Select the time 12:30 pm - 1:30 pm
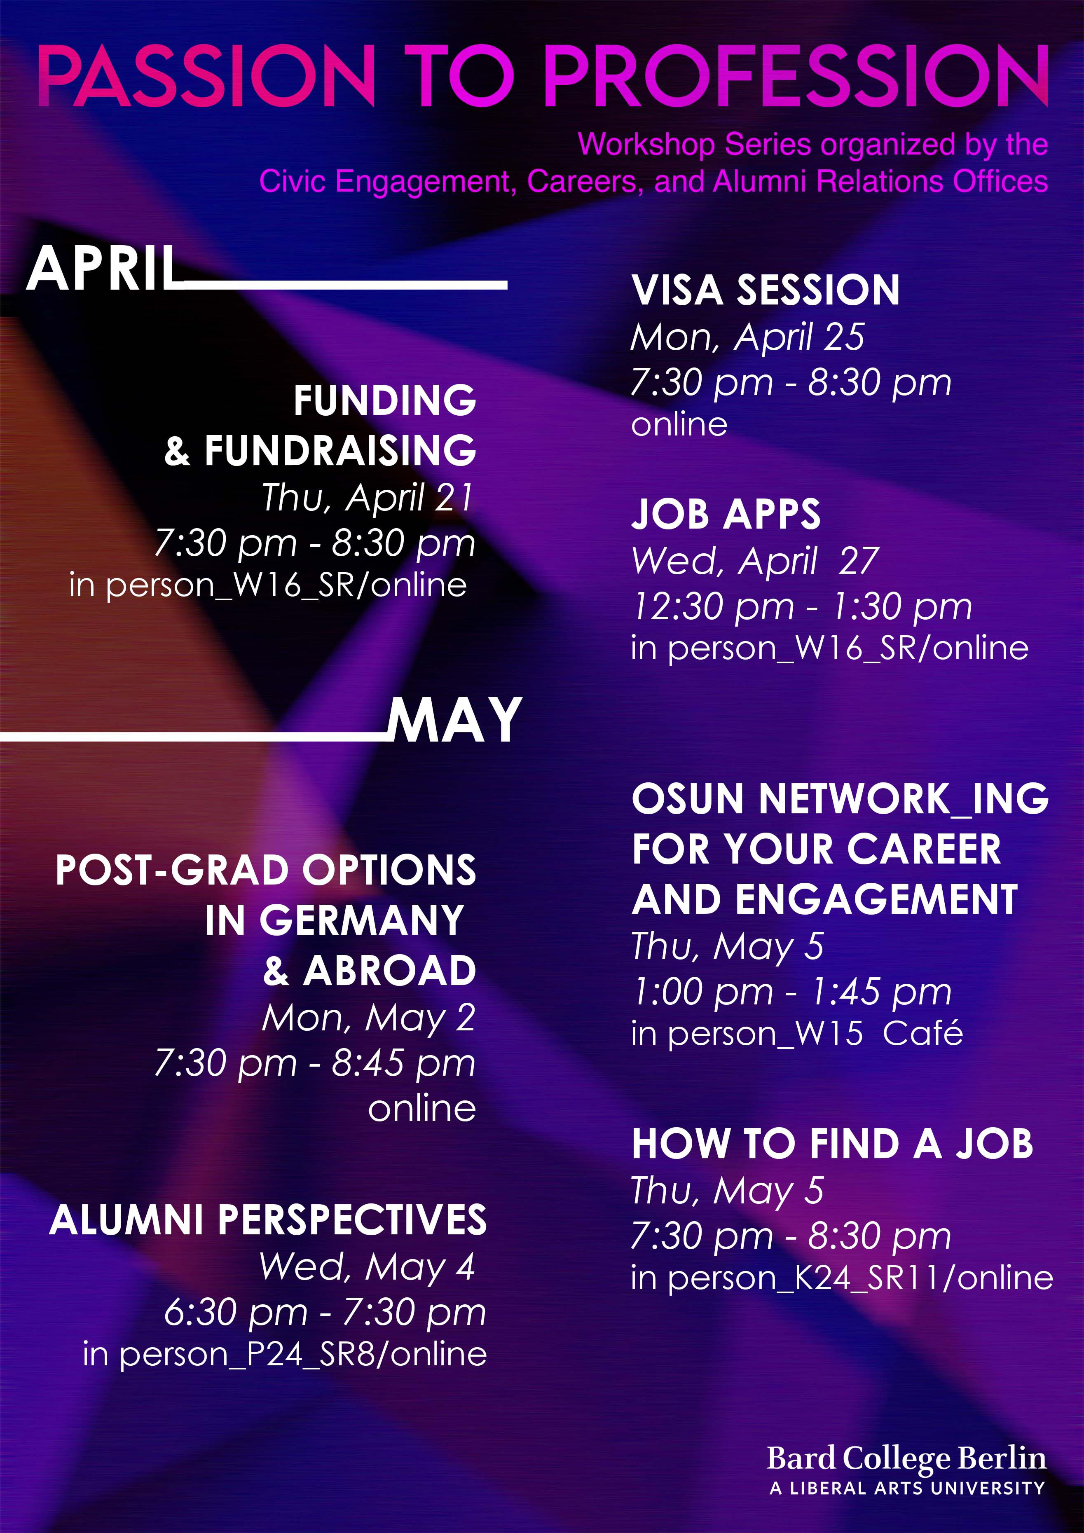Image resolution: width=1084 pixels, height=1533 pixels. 801,607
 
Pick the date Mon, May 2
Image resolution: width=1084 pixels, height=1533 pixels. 369,1018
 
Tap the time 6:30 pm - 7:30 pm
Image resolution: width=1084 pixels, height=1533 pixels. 325,1313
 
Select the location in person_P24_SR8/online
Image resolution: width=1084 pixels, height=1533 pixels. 285,1355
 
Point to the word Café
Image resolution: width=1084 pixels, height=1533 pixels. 922,1033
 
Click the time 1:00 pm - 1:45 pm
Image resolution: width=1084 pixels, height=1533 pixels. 791,992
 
